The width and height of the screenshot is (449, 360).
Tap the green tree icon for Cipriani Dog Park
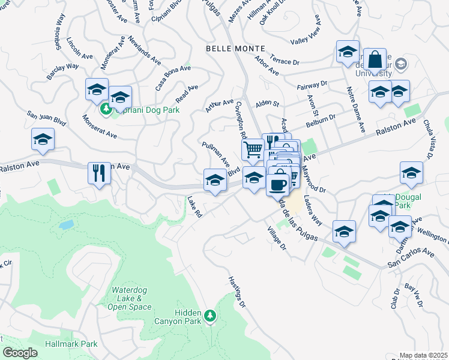(x=106, y=109)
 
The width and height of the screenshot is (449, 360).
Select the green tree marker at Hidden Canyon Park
(x=209, y=315)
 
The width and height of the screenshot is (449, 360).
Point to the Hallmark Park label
(x=71, y=344)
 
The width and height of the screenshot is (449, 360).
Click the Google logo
(x=20, y=353)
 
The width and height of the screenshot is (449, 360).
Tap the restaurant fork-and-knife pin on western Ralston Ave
(x=99, y=173)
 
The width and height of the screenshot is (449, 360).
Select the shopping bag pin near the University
(x=375, y=60)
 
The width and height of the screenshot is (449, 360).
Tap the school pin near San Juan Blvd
(x=43, y=140)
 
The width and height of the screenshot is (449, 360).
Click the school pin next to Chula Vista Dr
(x=411, y=173)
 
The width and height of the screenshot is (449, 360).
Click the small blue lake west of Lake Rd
(x=67, y=225)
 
